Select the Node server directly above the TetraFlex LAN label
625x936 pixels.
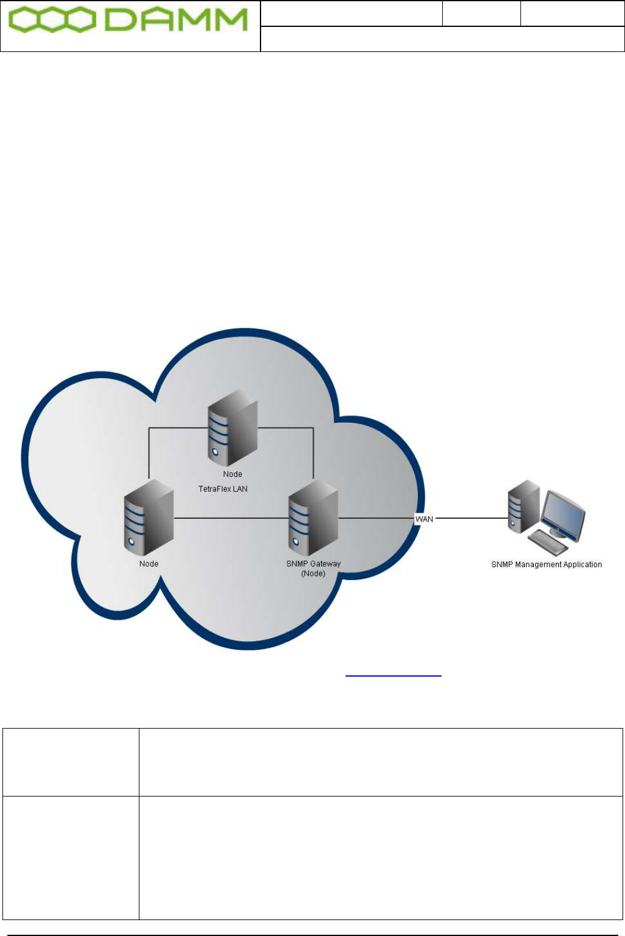[232, 431]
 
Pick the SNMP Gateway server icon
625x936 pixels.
[312, 514]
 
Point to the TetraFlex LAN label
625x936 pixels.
[223, 489]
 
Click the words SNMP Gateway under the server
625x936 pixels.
[313, 563]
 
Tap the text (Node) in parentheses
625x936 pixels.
[313, 573]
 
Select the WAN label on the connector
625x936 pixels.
[424, 519]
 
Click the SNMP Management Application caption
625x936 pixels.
[546, 564]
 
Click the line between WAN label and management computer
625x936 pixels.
[471, 518]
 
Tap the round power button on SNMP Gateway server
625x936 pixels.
[296, 542]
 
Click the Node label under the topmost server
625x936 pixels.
[232, 474]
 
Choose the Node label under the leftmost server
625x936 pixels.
[149, 563]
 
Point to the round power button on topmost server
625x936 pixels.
[215, 453]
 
